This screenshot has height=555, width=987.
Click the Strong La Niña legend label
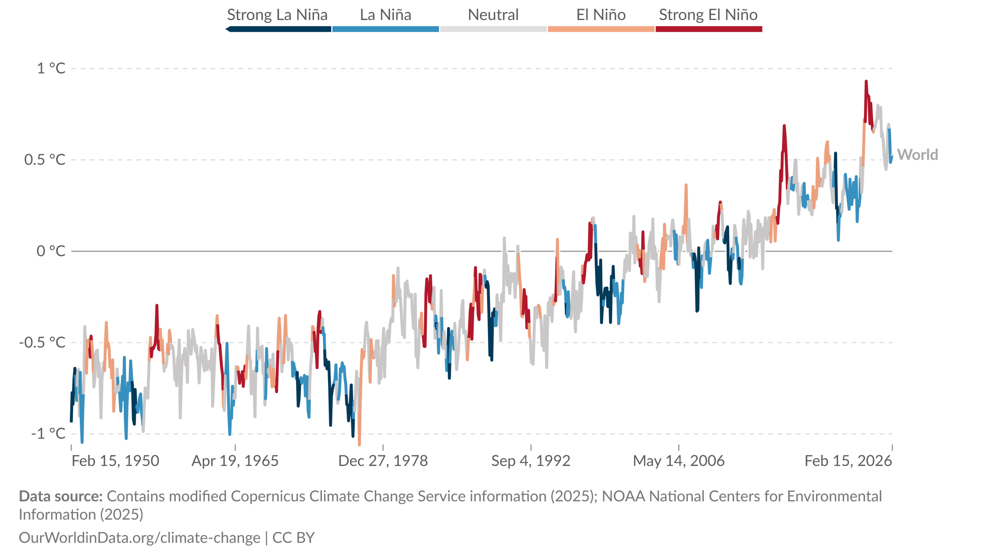[x=277, y=15]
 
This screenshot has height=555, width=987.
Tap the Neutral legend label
[x=493, y=15]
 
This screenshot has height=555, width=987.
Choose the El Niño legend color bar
[x=601, y=29]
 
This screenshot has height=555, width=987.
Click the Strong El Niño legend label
[x=708, y=15]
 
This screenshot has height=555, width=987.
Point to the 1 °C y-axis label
[x=51, y=69]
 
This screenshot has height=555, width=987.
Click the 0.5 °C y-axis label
[x=45, y=160]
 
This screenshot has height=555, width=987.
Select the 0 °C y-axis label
[x=51, y=251]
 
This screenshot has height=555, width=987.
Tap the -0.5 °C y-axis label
[x=42, y=343]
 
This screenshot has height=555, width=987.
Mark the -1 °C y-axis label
[x=48, y=433]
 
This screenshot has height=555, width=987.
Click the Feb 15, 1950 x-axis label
[x=115, y=461]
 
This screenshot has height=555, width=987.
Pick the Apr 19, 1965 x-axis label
[x=235, y=461]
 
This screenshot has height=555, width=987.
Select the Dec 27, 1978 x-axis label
[x=383, y=461]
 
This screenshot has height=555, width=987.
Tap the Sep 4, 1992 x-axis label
[x=531, y=461]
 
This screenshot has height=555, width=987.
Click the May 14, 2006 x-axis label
[x=679, y=461]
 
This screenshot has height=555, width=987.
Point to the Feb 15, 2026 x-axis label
[x=848, y=461]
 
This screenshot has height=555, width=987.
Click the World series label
[x=917, y=155]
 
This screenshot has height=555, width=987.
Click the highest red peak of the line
[x=866, y=82]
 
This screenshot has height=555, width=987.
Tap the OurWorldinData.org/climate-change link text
[x=140, y=538]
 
